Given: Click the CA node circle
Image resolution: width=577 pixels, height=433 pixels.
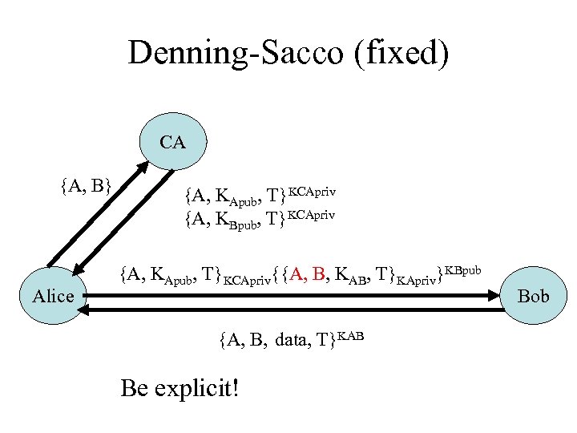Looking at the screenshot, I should point(172,144).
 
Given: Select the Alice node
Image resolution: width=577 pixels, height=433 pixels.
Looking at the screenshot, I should point(54,295).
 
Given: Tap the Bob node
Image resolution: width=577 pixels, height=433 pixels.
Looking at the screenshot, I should point(533,295).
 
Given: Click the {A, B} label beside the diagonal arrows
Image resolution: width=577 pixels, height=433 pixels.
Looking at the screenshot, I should point(84,186).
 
